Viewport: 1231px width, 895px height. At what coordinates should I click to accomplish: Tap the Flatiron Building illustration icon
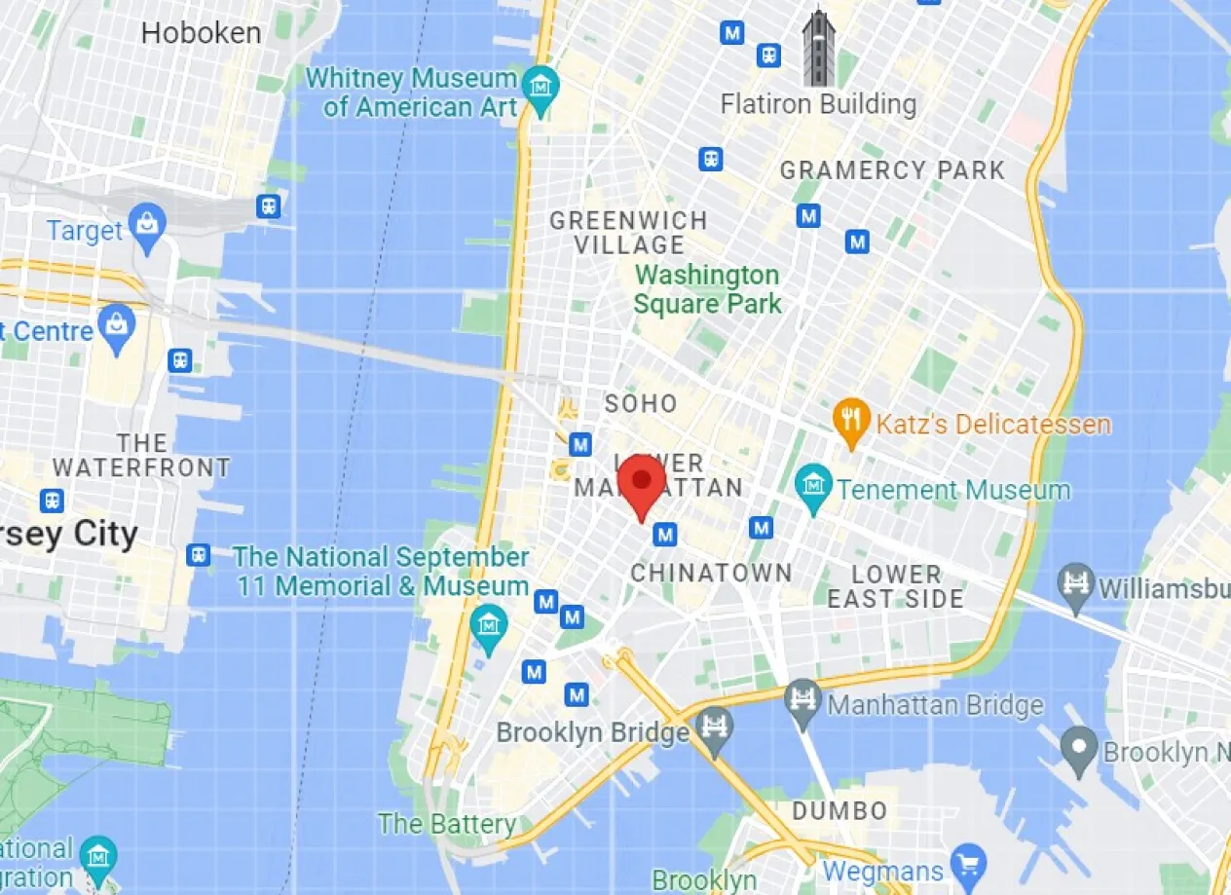tap(818, 49)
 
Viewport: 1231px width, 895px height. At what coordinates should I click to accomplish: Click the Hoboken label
tap(201, 33)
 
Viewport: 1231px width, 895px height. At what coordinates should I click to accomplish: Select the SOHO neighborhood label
tap(640, 403)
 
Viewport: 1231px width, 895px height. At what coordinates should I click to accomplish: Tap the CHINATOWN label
tap(711, 574)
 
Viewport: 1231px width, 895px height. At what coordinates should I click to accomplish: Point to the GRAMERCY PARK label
tap(891, 170)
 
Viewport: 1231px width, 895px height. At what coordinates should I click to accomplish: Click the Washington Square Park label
tap(707, 289)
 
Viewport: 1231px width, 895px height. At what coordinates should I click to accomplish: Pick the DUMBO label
tap(839, 810)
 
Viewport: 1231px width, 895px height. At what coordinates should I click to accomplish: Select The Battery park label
tap(447, 824)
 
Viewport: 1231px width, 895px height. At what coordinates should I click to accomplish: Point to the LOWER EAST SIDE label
tap(896, 585)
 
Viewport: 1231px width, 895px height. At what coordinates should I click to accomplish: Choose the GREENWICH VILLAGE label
tap(628, 232)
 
